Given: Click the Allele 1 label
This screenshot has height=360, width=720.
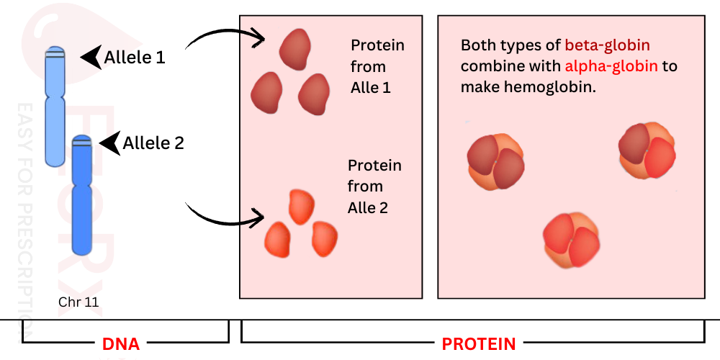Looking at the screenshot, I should coord(135,57).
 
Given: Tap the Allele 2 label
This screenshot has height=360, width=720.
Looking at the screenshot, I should coord(153,143).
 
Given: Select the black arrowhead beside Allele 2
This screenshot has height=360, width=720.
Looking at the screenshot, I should coord(109,144).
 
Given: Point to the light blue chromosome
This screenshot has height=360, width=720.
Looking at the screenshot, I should coord(55,108).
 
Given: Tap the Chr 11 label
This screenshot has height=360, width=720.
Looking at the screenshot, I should coord(78,302).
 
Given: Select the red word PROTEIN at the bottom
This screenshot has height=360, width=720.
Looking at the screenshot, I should coord(479,344).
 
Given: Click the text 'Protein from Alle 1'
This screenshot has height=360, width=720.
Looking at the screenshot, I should coord(377,67).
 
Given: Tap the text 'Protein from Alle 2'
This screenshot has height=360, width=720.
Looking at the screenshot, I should coord(374,186).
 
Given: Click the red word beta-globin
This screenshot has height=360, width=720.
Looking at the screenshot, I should coord(607,45).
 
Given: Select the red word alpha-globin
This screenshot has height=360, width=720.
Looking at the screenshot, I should coord(611,66).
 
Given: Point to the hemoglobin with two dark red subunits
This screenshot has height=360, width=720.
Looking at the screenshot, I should coord(495,162).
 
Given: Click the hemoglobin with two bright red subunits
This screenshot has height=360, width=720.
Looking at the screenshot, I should coord(570,240).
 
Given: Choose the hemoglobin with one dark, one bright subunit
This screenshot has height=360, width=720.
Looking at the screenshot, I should coord(647,150).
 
